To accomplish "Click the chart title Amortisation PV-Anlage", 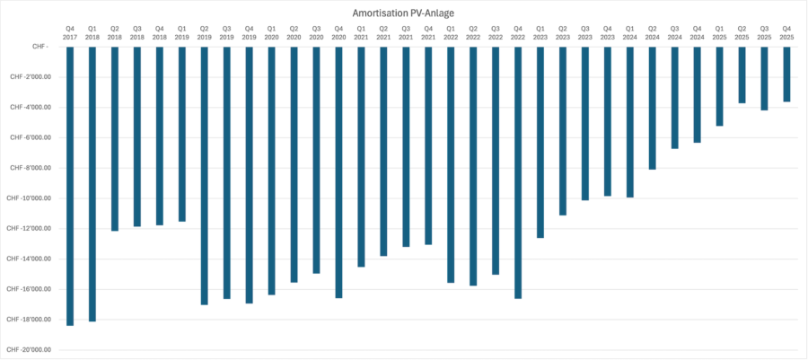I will [404, 13].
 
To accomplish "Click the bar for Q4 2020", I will [338, 171].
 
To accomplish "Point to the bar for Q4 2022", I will [518, 171].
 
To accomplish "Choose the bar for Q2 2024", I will [652, 108].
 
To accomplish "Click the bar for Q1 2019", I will [182, 134].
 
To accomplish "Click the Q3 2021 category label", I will [406, 32].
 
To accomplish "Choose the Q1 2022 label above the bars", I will [451, 32].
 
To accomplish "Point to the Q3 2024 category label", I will [674, 32].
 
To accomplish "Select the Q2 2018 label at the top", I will [115, 32].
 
